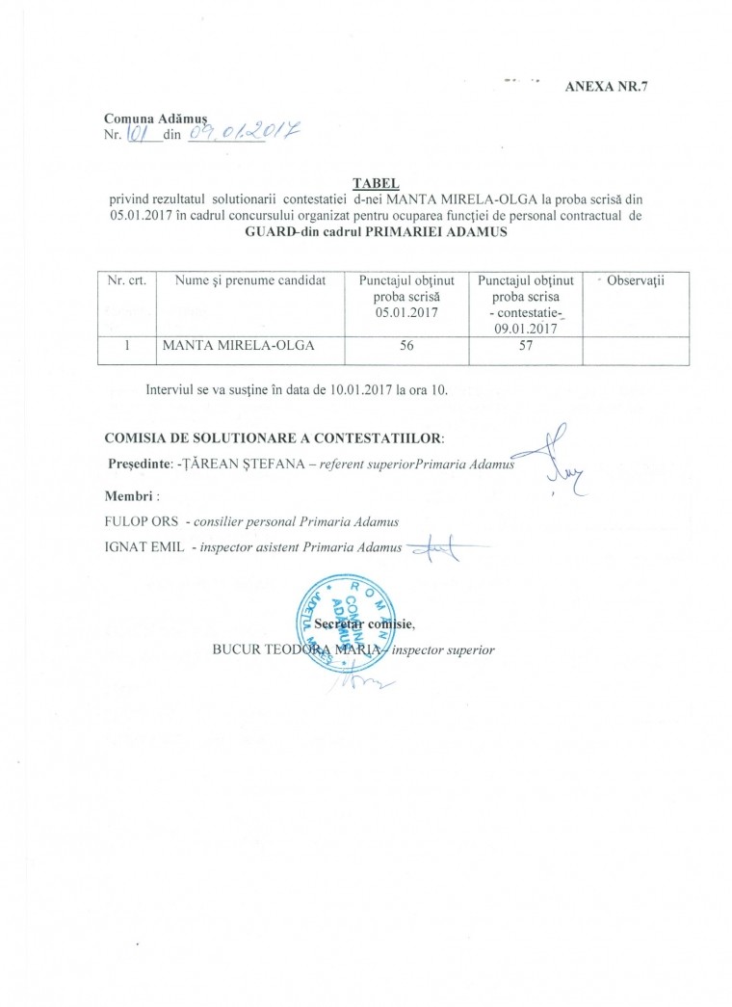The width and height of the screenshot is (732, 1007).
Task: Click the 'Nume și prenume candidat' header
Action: (x=250, y=280)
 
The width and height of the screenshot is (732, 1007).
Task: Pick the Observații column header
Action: (x=636, y=279)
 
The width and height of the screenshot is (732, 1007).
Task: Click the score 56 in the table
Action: (x=406, y=347)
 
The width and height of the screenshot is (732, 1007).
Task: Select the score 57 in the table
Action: (x=526, y=347)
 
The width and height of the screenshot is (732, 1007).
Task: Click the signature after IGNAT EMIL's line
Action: (x=436, y=549)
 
